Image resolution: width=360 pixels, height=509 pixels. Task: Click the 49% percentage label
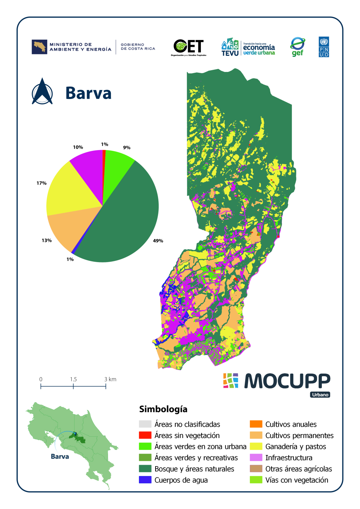[x=158, y=241]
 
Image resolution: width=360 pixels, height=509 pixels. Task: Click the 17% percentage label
[x=41, y=183]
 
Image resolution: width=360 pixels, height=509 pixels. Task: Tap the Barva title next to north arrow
[x=89, y=93]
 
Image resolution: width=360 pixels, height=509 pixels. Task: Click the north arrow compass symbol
[x=42, y=92]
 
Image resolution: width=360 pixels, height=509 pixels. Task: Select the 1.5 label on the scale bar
[x=73, y=379]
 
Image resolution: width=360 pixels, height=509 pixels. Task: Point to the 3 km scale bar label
[x=110, y=379]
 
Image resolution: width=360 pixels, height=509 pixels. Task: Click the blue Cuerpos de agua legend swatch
[x=145, y=480]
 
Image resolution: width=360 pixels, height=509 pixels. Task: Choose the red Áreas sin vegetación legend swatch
[x=145, y=435]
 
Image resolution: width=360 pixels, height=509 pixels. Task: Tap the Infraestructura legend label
[x=289, y=458]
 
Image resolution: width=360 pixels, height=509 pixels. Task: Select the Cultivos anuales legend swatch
[x=256, y=424]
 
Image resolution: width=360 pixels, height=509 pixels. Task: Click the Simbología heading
[x=163, y=409]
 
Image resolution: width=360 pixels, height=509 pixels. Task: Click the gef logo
[x=298, y=47]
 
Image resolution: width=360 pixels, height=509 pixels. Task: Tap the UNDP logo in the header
[x=324, y=47]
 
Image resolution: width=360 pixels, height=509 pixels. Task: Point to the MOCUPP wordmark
[x=287, y=381]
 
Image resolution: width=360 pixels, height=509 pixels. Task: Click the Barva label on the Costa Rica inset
[x=60, y=456]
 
